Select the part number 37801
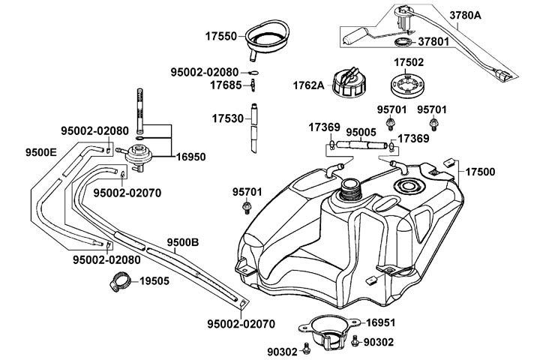point(433,42)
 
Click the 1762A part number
point(308,85)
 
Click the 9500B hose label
point(182,242)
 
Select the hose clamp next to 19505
point(117,284)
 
